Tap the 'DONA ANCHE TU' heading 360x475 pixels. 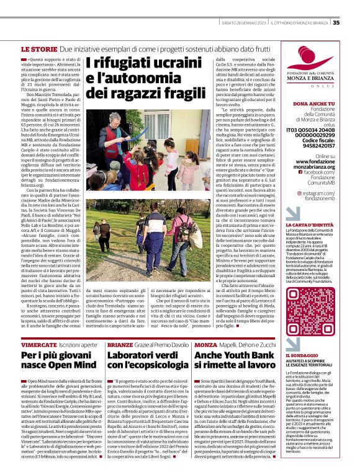coord(313,104)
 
